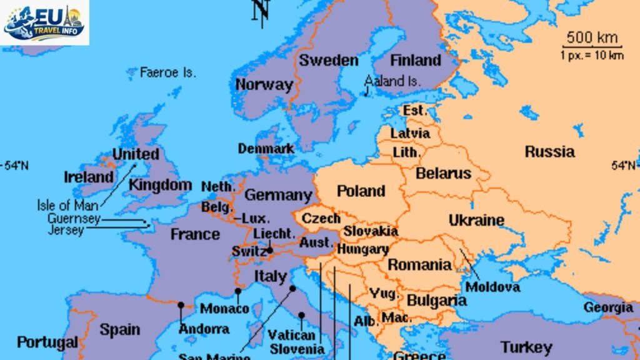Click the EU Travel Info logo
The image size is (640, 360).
(44, 22)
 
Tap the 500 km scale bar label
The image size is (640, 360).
(592, 37)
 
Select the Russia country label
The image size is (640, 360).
(549, 151)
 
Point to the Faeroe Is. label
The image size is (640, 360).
(167, 72)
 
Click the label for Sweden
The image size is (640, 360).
(329, 61)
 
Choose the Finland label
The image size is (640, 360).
(416, 61)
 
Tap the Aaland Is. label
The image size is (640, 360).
(393, 81)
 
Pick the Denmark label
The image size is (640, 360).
(266, 149)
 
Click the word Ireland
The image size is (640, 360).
(89, 177)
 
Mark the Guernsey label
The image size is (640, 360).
(74, 219)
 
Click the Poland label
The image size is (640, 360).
(361, 191)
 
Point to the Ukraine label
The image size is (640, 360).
(476, 220)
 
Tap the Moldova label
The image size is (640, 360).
(493, 287)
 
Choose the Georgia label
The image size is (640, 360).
(608, 307)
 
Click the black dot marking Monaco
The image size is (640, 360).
(238, 291)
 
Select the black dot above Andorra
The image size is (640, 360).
(181, 305)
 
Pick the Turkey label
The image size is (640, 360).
(526, 347)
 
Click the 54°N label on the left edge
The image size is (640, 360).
(16, 166)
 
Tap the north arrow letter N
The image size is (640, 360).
(261, 11)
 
